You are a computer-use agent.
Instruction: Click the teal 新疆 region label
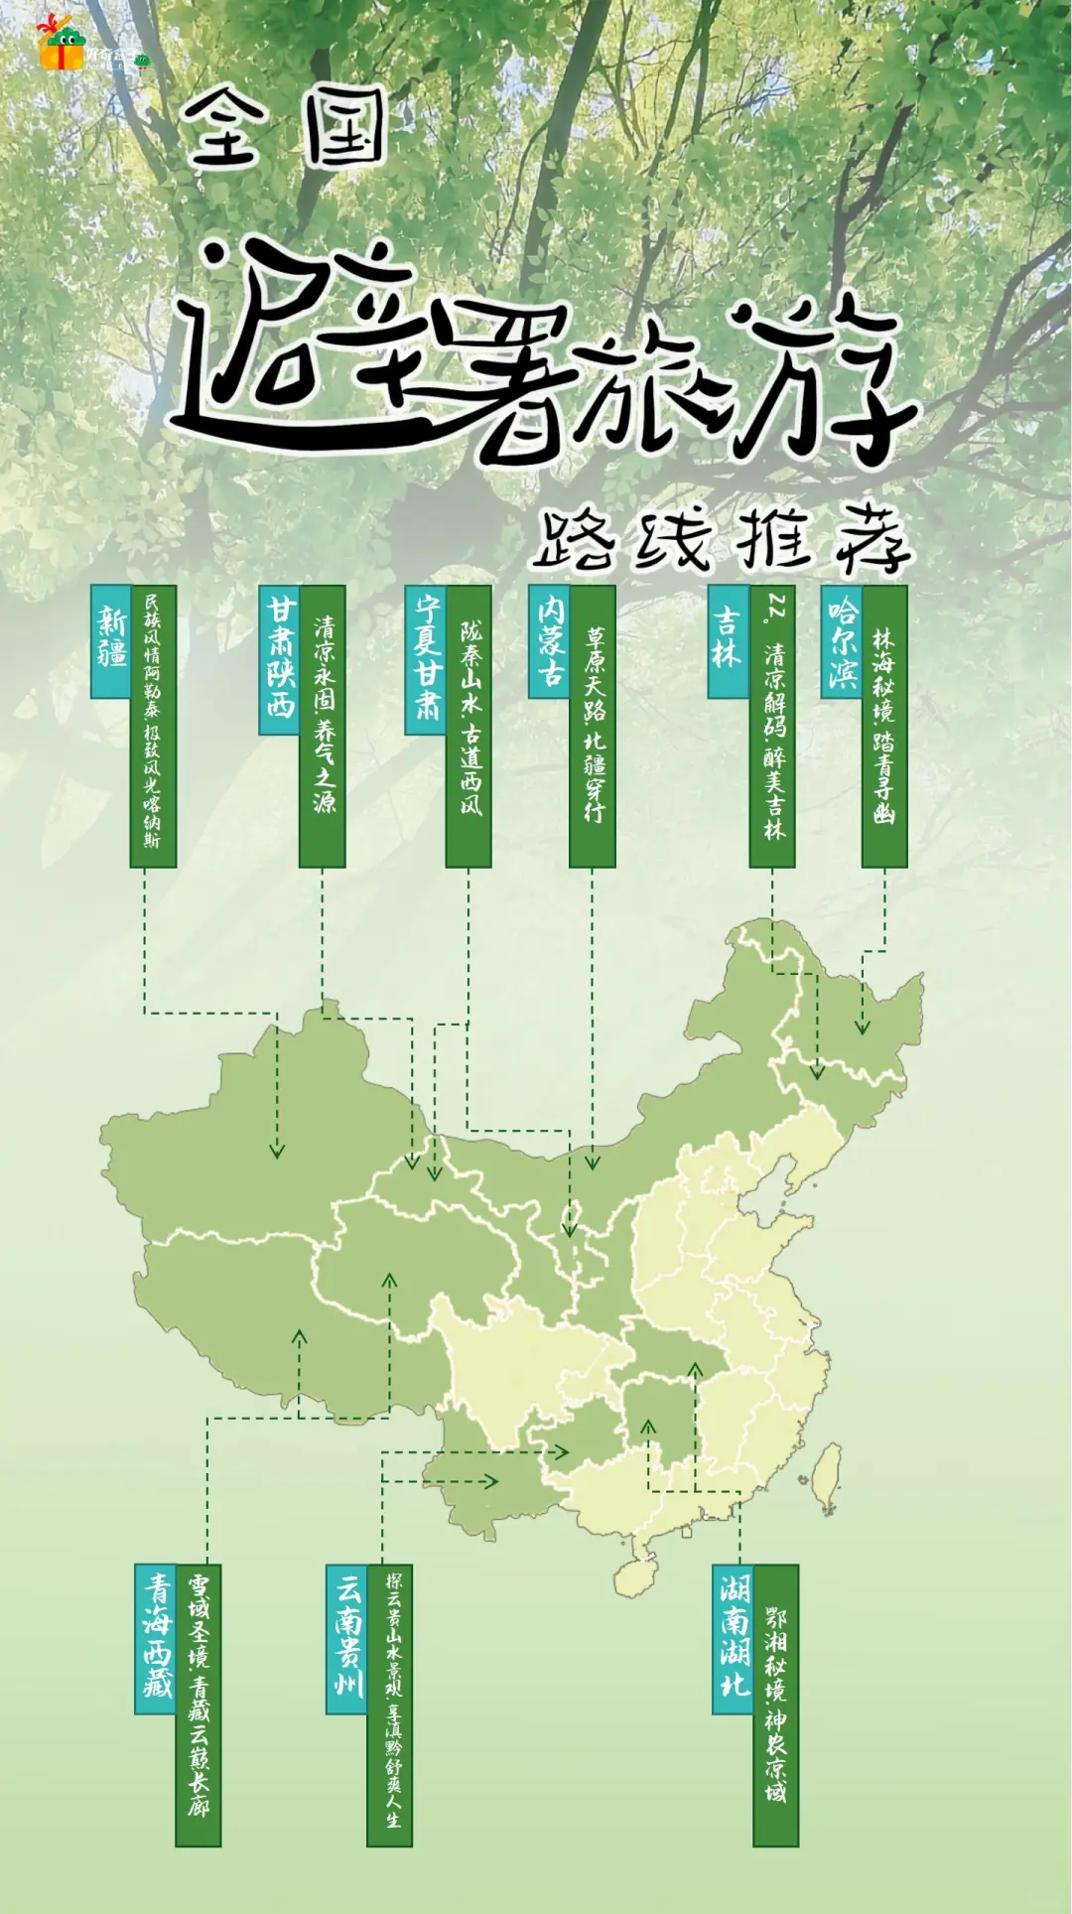[111, 640]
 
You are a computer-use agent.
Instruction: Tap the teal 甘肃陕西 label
[280, 659]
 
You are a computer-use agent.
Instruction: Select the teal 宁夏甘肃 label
[426, 659]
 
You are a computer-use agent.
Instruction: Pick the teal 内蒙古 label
[549, 640]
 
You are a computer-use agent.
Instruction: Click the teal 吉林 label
[728, 640]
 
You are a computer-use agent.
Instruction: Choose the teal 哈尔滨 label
[842, 640]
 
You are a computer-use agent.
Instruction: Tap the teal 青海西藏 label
[156, 1639]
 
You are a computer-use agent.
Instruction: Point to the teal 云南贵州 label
[347, 1639]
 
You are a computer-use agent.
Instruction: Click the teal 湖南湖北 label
[734, 1639]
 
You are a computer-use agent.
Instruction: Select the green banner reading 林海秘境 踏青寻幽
[883, 726]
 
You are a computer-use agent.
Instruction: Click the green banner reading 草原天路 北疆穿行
[593, 726]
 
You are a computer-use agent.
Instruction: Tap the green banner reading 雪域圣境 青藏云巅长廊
[199, 1706]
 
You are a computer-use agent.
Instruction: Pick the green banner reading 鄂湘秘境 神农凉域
[775, 1706]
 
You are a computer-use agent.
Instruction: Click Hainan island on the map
[639, 1575]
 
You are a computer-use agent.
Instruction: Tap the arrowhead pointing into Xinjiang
[277, 1150]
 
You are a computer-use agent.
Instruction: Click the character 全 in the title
[225, 129]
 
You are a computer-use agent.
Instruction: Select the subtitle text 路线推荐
[722, 542]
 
